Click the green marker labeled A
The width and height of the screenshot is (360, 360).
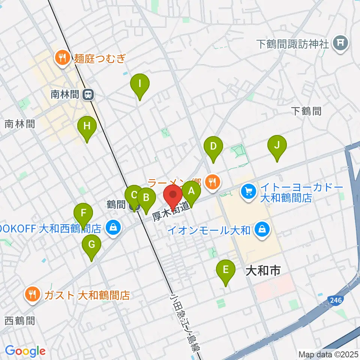(x=191, y=192)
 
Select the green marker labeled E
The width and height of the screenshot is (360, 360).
(x=225, y=270)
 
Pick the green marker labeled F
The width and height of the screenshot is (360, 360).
(x=83, y=214)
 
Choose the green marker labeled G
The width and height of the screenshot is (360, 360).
(x=91, y=245)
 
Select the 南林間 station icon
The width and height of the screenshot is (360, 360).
(x=88, y=95)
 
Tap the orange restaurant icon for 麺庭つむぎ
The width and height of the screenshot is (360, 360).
(x=61, y=58)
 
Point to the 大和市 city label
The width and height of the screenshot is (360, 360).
(x=263, y=271)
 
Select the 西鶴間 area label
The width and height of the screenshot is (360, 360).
(x=20, y=321)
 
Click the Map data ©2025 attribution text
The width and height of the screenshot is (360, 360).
(x=328, y=354)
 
